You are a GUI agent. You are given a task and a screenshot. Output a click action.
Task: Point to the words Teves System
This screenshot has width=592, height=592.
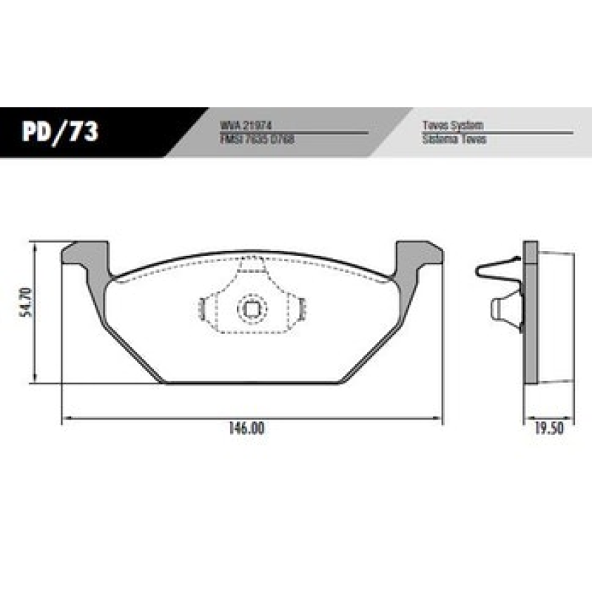point(452,127)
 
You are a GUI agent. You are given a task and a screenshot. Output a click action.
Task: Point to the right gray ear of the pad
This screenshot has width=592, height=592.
point(419,256)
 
